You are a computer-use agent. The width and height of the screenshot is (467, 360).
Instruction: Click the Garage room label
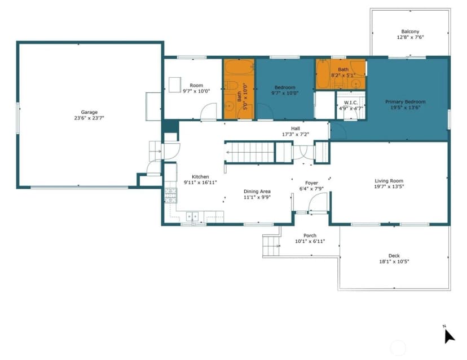click(x=89, y=112)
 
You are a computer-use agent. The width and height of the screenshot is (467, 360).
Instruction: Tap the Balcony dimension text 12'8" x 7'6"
click(x=410, y=37)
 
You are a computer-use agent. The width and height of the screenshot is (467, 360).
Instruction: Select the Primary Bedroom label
click(x=406, y=102)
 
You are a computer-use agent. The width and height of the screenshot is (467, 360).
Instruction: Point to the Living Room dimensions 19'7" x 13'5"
click(x=389, y=186)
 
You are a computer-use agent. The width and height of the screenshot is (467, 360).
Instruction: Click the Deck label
click(x=394, y=256)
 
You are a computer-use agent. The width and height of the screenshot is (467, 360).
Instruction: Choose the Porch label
click(x=310, y=235)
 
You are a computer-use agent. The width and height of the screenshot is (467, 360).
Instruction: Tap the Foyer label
click(x=311, y=183)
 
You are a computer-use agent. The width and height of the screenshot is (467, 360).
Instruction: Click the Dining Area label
click(x=257, y=192)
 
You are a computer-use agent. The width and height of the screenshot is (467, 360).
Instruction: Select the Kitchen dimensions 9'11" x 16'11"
click(x=200, y=183)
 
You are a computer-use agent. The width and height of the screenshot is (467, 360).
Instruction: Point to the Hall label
click(x=296, y=128)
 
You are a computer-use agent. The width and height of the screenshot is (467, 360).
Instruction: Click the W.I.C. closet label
click(x=351, y=103)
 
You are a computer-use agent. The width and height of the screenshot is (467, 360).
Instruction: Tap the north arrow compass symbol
click(x=449, y=336)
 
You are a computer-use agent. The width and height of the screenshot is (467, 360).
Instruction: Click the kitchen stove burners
click(x=171, y=195)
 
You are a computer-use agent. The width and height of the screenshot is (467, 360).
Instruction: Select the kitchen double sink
click(x=192, y=216)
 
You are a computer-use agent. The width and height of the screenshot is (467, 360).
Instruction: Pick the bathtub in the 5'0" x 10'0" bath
click(x=239, y=67)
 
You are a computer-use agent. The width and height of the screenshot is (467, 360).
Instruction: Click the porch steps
click(x=272, y=246)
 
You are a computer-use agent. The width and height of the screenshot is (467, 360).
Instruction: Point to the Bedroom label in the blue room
click(x=285, y=87)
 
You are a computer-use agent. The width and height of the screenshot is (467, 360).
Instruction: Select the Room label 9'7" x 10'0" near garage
click(x=196, y=86)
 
